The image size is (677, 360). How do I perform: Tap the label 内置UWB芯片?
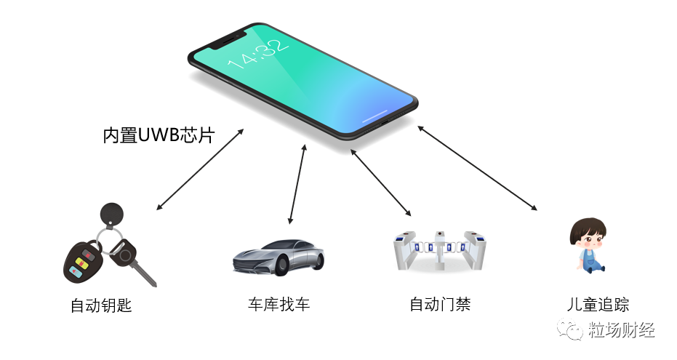coord(158,135)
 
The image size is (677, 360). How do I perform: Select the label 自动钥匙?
coord(101,306)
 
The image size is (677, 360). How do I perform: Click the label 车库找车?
coord(279,304)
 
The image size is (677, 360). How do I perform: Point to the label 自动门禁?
coord(440,304)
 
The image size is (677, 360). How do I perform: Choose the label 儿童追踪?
coord(598,305)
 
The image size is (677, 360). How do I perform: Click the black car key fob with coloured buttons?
coord(83,263)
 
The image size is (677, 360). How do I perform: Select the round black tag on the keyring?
coord(111,212)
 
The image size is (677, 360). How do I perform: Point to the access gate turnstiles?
coord(438,249)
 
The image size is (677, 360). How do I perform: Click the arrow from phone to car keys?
coord(200,170)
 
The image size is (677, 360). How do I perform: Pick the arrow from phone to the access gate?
coord(381,183)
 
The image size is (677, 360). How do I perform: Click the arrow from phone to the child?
coord(477,168)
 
